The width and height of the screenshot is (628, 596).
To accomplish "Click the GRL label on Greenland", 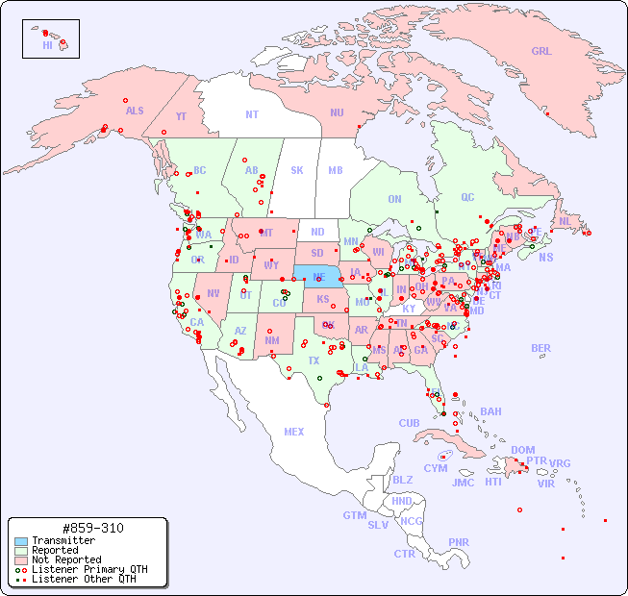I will click(x=541, y=52).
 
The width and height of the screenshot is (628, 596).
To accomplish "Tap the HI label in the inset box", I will click(x=47, y=45).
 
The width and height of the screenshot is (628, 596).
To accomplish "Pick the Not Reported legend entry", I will click(x=65, y=559).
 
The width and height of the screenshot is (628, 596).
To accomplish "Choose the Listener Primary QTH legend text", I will click(x=89, y=569).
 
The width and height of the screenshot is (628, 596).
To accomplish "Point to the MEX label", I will click(x=294, y=432).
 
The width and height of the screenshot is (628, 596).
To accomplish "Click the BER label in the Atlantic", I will click(x=540, y=348).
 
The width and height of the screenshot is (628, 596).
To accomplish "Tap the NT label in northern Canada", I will click(x=251, y=113).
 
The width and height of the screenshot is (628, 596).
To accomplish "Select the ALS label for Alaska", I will click(x=135, y=111).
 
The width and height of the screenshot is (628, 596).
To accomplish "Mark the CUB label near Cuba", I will click(x=409, y=423).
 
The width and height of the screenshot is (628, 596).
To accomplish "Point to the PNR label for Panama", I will click(x=459, y=542).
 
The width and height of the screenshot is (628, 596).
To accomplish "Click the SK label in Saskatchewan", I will click(x=297, y=170).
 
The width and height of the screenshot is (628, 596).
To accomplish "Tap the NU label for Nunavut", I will click(x=337, y=112).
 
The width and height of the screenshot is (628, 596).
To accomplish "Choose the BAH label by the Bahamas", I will click(x=490, y=411).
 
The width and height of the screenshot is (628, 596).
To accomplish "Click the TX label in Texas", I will click(x=314, y=360).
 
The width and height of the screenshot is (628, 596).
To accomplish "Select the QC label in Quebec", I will click(x=467, y=197).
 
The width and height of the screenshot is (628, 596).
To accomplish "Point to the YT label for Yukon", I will click(x=181, y=116).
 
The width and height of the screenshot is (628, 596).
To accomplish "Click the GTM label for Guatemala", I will click(x=354, y=515).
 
